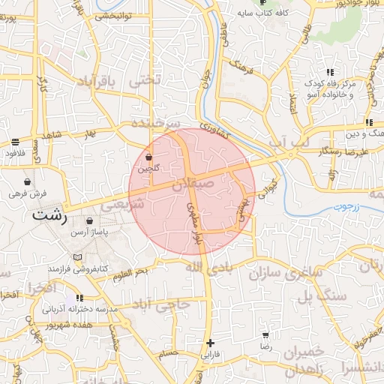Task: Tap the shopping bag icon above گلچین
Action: pyautogui.click(x=148, y=157)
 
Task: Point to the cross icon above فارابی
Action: pyautogui.click(x=209, y=343)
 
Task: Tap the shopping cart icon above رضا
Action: pyautogui.click(x=265, y=335)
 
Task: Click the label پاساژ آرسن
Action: pyautogui.click(x=90, y=233)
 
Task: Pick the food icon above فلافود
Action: pyautogui.click(x=15, y=142)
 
